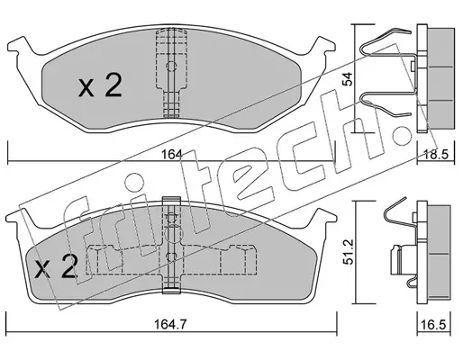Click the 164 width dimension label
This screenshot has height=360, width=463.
pos(172,155)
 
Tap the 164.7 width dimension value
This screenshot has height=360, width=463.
pos(170,325)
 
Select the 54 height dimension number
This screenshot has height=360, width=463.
pos(349,79)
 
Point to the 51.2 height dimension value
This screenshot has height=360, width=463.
pos(349,252)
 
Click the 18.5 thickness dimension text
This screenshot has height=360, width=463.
pos(436,155)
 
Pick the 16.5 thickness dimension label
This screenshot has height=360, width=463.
pos(434,325)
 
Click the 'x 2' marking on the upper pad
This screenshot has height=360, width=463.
pos(100,85)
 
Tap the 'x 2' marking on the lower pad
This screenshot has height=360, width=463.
pos(55,265)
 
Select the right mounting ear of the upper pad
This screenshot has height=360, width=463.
pos(323,46)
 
